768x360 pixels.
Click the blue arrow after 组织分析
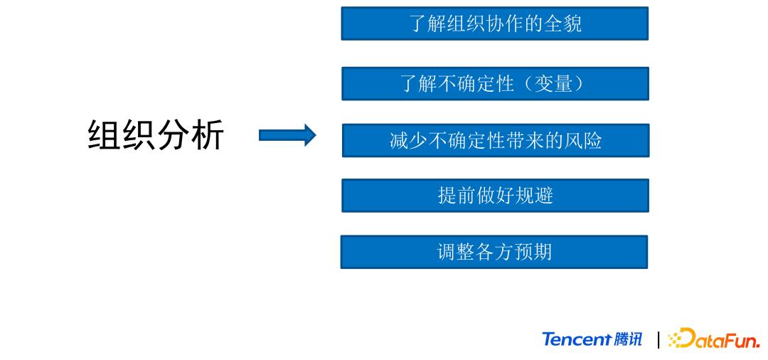click(x=287, y=135)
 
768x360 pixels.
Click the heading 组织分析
click(x=156, y=134)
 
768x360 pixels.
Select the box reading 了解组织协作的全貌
click(x=495, y=23)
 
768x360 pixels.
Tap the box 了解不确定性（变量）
click(x=495, y=84)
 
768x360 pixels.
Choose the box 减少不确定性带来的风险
click(x=495, y=140)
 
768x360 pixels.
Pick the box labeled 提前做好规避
click(x=495, y=196)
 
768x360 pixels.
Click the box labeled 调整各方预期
click(x=494, y=252)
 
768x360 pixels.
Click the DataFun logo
click(x=715, y=339)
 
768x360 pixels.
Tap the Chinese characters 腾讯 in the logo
click(x=627, y=339)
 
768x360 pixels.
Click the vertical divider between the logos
click(x=659, y=339)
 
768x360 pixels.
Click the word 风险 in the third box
click(x=584, y=140)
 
